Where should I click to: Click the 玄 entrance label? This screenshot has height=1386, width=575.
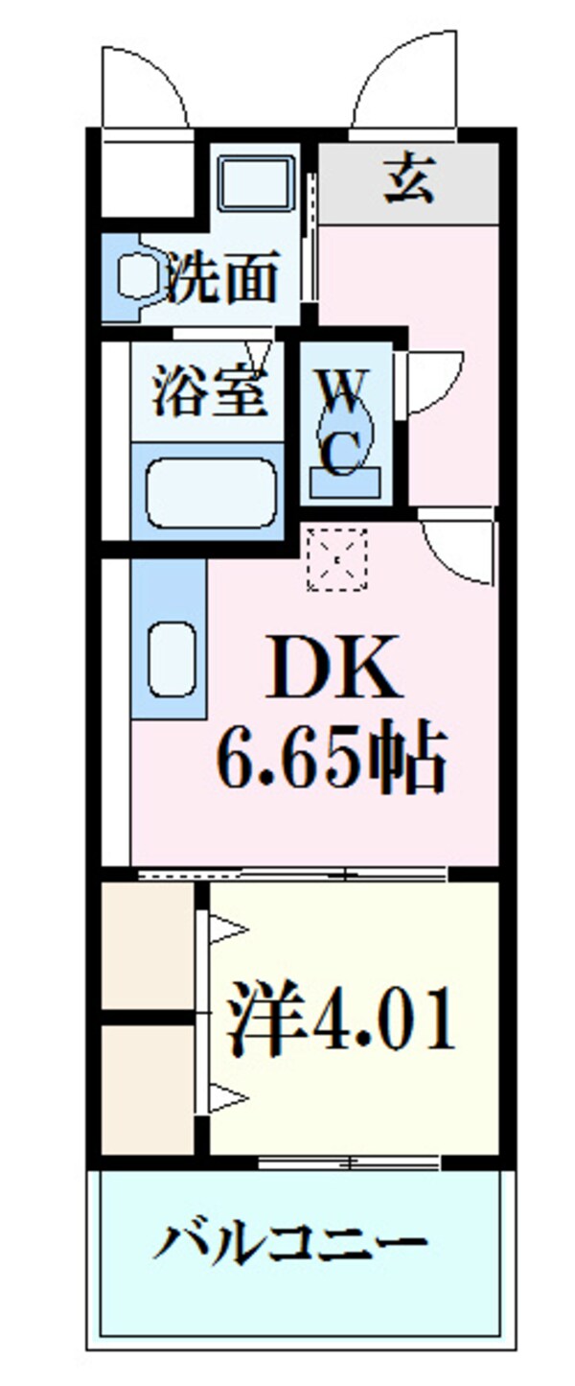[409, 182]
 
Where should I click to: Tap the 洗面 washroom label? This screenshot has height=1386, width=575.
[222, 277]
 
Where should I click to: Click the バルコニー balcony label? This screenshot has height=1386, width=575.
[290, 1244]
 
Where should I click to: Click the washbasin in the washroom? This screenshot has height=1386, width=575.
[134, 276]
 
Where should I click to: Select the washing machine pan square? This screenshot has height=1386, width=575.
[255, 182]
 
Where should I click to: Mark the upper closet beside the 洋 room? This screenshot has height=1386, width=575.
[148, 946]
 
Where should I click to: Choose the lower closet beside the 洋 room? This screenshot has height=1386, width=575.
[148, 1089]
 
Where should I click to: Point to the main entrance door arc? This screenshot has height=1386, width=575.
[402, 82]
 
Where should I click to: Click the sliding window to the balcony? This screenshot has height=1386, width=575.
[350, 1163]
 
